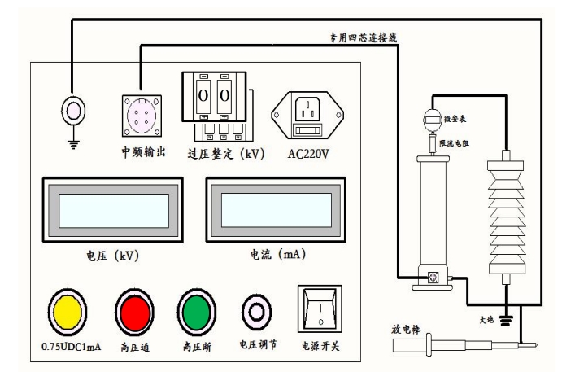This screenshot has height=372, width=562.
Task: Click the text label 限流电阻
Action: [x=458, y=143]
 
